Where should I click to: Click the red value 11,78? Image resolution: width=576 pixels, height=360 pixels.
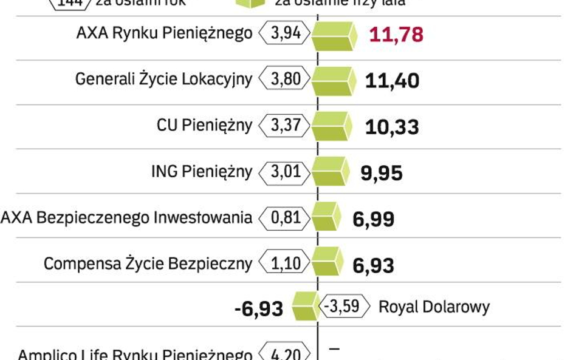pyautogui.click(x=396, y=34)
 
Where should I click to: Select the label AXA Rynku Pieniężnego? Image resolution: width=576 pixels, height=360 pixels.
pyautogui.click(x=164, y=33)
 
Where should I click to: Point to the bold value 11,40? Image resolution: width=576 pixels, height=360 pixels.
pyautogui.click(x=392, y=80)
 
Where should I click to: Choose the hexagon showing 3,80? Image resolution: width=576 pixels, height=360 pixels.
pyautogui.click(x=285, y=79)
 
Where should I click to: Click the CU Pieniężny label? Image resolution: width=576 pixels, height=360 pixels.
pyautogui.click(x=204, y=125)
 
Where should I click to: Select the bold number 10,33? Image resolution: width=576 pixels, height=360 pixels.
pyautogui.click(x=392, y=127)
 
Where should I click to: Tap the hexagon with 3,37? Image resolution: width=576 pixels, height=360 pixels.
pyautogui.click(x=285, y=125)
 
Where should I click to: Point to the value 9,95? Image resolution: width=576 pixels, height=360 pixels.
pyautogui.click(x=382, y=173)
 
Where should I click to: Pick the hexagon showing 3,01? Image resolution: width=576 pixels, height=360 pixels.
pyautogui.click(x=285, y=171)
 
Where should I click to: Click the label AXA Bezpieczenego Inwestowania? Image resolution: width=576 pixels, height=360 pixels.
pyautogui.click(x=126, y=217)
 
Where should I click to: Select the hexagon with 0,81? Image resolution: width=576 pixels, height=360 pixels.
pyautogui.click(x=285, y=217)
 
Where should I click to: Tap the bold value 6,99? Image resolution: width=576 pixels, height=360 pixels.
pyautogui.click(x=373, y=219)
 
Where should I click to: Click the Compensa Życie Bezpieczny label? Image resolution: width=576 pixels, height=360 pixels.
pyautogui.click(x=148, y=263)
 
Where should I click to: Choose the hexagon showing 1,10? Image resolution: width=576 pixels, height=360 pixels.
pyautogui.click(x=285, y=263)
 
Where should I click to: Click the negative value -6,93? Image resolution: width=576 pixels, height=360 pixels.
pyautogui.click(x=258, y=308)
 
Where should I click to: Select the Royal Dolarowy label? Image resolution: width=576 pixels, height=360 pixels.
pyautogui.click(x=434, y=307)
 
